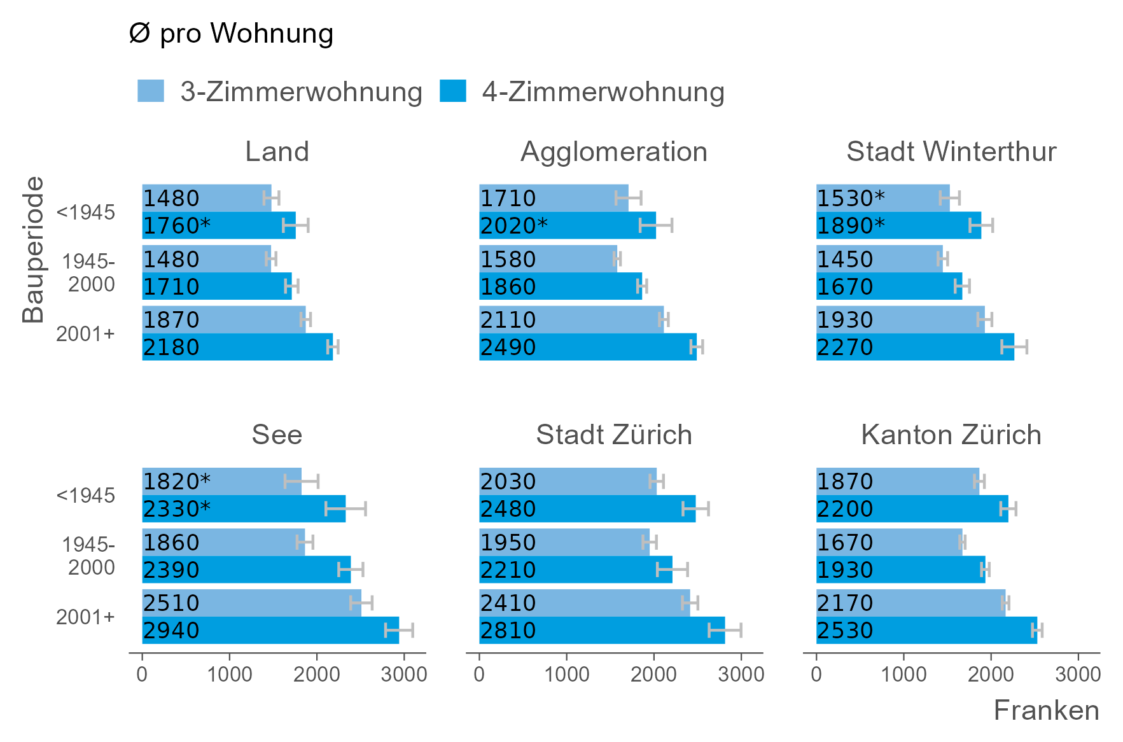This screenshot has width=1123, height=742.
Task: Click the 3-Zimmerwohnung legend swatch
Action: [x=151, y=91]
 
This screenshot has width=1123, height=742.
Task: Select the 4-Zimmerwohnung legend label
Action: [x=603, y=92]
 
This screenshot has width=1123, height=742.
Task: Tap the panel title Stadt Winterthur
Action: [x=951, y=152]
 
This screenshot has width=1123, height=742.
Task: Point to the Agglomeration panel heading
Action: [x=614, y=152]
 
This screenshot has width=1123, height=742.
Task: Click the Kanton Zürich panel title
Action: [x=951, y=435]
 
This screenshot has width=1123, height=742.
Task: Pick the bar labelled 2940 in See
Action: [x=270, y=630]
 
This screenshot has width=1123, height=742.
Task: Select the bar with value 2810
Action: [x=601, y=630]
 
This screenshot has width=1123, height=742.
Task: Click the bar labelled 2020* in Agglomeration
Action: [x=567, y=225]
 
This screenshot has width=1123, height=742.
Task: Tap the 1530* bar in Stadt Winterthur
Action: [x=882, y=198]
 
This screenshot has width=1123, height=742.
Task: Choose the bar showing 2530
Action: [x=926, y=630]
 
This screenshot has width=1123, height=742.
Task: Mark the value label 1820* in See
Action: [x=176, y=481]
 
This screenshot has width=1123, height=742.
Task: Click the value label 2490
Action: [x=508, y=347]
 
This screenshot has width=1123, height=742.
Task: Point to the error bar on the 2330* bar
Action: [x=345, y=508]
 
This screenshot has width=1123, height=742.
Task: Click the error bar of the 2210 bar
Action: [x=673, y=570]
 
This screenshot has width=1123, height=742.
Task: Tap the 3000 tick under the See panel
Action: [x=404, y=674]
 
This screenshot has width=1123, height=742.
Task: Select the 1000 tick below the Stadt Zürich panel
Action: [x=567, y=674]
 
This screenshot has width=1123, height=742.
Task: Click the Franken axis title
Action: [x=1046, y=710]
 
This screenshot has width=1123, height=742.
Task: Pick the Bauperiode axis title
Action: [x=33, y=249]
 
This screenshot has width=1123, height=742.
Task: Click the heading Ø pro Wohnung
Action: [x=231, y=34]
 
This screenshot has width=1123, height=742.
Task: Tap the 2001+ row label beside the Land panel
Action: [x=85, y=334]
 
